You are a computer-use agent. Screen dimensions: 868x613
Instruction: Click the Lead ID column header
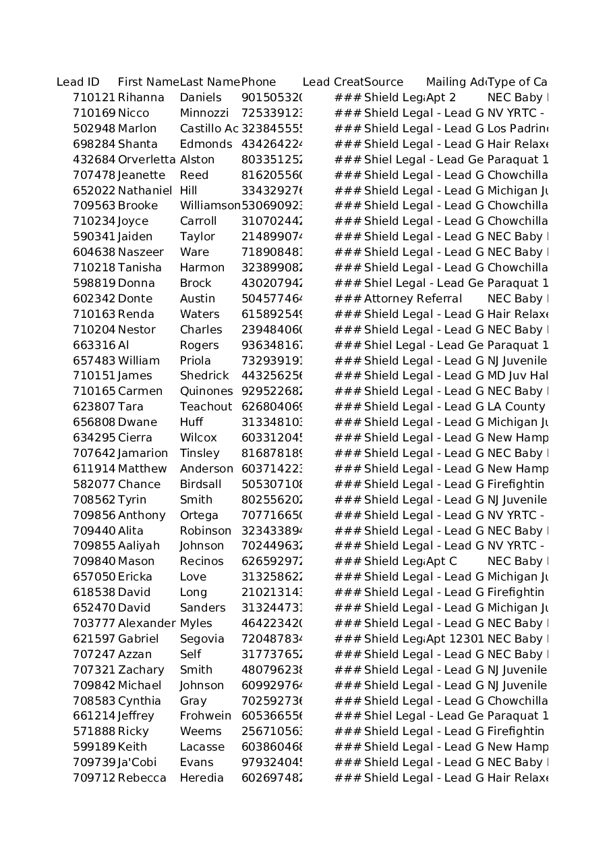click(x=78, y=82)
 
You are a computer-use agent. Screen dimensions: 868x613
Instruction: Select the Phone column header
click(x=258, y=82)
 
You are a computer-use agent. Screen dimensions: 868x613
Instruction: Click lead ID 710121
click(x=94, y=98)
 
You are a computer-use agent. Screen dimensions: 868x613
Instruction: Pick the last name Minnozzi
click(x=204, y=113)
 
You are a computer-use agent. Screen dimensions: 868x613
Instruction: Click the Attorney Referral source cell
click(x=413, y=299)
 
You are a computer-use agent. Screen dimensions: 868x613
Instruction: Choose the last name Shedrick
click(x=204, y=376)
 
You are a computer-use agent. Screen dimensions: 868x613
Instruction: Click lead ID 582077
click(x=94, y=485)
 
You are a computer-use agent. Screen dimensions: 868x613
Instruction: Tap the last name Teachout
click(x=206, y=407)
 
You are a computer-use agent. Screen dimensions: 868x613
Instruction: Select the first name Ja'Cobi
click(x=137, y=763)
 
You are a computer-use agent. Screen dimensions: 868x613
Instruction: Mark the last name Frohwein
click(x=205, y=716)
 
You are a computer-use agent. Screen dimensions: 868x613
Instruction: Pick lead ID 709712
click(x=94, y=778)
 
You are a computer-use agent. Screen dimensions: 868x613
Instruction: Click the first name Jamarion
click(x=142, y=454)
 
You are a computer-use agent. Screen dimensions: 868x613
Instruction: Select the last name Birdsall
click(x=200, y=485)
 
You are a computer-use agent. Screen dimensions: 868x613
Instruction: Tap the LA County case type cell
click(x=516, y=407)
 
